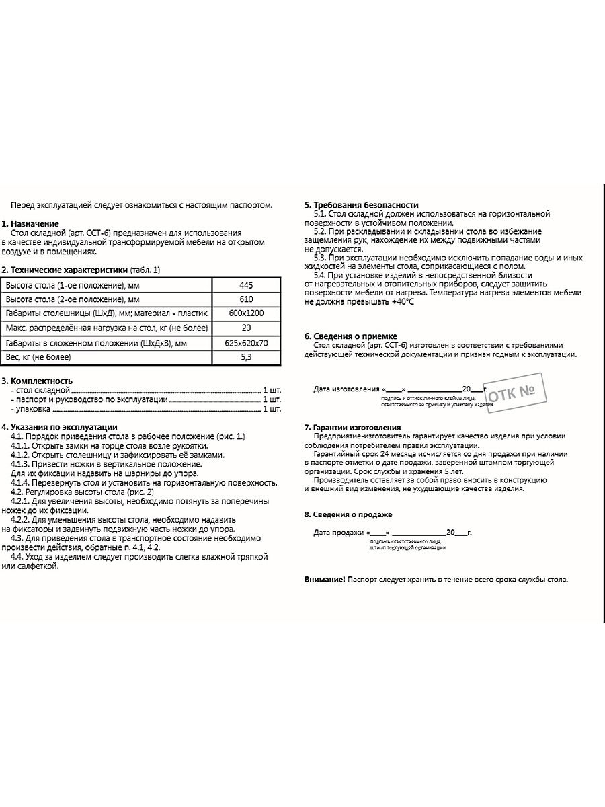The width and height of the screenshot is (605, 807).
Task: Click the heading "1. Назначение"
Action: pos(30,223)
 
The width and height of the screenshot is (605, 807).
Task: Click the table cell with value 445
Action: pos(245,285)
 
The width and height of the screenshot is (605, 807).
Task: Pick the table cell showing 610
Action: pos(245,299)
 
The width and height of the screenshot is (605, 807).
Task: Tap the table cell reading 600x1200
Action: pos(245,313)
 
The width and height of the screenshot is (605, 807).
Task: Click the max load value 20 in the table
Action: pos(245,328)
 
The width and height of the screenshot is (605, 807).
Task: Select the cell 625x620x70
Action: pos(245,342)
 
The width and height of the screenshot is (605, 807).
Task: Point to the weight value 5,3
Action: pos(245,356)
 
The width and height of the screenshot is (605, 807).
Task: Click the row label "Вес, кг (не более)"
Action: pos(38,356)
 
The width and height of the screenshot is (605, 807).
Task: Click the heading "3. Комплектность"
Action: pos(37,381)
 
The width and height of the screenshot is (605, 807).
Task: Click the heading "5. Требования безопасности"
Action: pos(361,205)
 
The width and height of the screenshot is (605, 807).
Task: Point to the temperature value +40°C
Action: pos(401,302)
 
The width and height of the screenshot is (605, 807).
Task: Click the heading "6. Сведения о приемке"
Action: pos(350,336)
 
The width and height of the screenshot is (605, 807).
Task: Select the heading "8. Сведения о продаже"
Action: pos(348,514)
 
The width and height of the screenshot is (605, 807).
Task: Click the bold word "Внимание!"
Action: pos(325,579)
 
